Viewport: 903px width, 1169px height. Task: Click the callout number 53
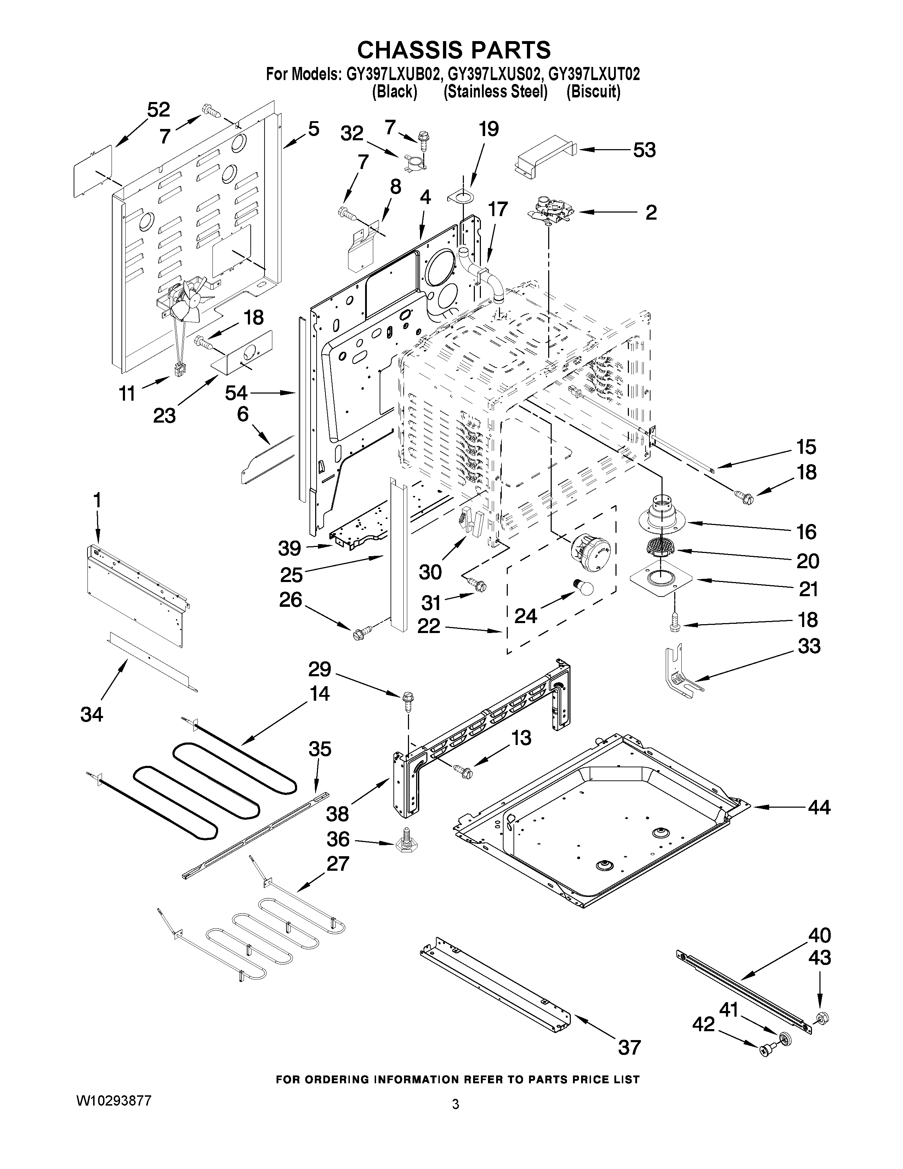(x=644, y=151)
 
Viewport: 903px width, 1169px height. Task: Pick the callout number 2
(x=651, y=213)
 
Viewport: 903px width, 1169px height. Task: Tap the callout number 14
(x=319, y=694)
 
